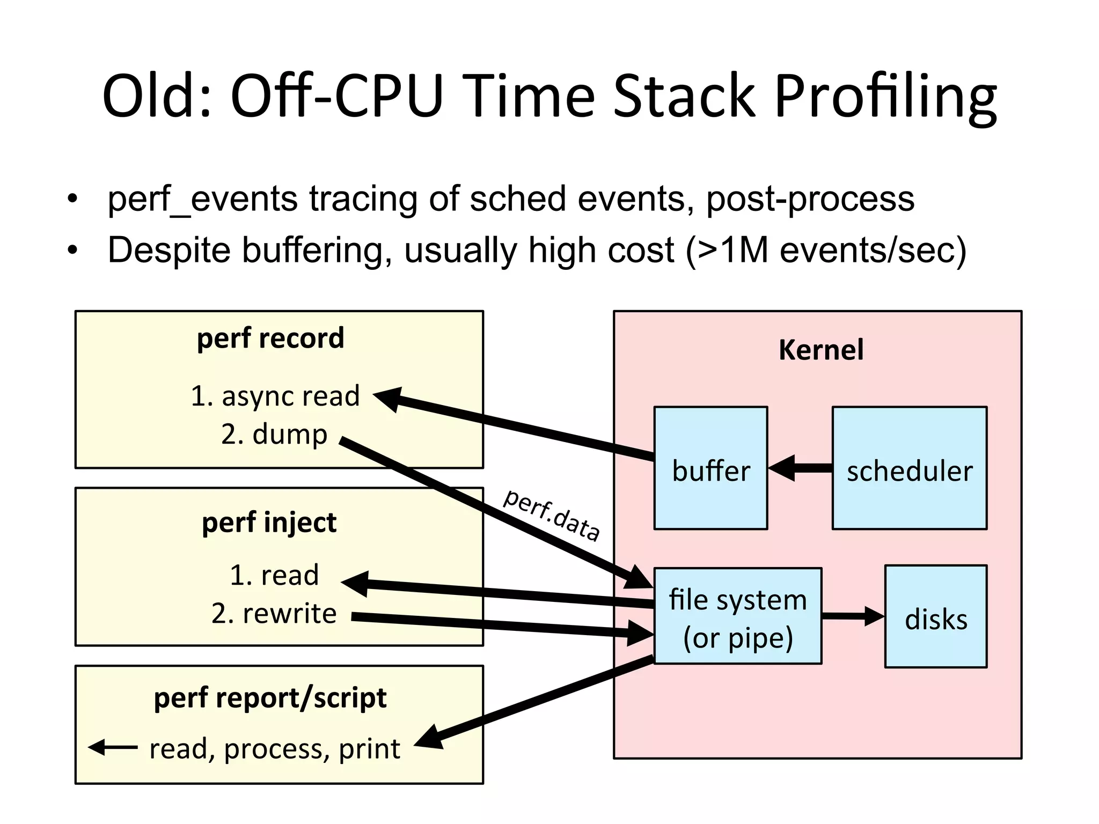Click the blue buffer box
tap(710, 468)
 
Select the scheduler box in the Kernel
tap(909, 468)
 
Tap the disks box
tap(935, 616)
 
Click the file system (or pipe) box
tap(738, 616)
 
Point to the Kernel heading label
tap(820, 350)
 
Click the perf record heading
tap(270, 338)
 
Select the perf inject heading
tap(269, 522)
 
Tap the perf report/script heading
tap(270, 697)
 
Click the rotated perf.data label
tap(551, 514)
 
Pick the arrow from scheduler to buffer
tap(801, 468)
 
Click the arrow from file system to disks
tap(853, 616)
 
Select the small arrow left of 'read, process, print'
tap(113, 747)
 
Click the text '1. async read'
tap(275, 396)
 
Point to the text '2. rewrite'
tap(274, 613)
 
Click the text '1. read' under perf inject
tap(274, 575)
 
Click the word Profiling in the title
tap(885, 97)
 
